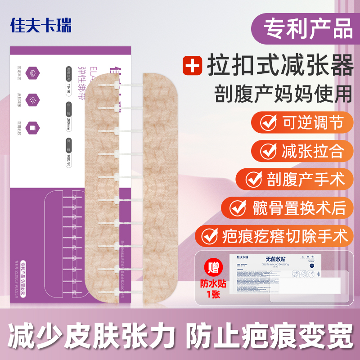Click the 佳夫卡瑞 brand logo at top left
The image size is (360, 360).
[x=41, y=25]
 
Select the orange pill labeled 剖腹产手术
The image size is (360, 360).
[x=295, y=179]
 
